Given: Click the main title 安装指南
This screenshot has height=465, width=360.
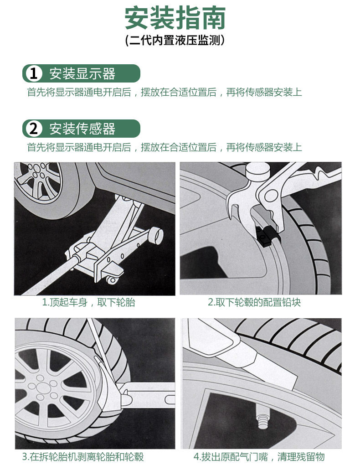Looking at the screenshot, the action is (175, 18).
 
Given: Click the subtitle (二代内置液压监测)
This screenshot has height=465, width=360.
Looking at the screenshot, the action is (175, 40).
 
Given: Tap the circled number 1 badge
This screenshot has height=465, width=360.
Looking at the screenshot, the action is (34, 73).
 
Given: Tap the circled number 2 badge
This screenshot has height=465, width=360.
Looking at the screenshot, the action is (34, 129).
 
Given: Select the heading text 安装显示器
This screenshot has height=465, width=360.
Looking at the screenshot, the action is (82, 73).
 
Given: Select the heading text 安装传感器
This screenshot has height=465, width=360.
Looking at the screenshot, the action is (82, 129).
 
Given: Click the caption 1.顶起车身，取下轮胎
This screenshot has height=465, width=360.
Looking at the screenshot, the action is (89, 302).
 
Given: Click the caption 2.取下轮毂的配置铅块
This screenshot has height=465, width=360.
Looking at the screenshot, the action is (254, 302).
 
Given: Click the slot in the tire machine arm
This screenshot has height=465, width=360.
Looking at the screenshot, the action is (170, 399).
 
